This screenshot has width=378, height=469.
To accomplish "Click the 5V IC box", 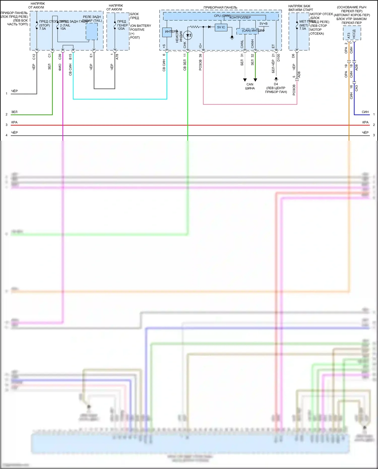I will click(x=221, y=27).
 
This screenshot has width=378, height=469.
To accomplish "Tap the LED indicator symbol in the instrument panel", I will click(x=188, y=35).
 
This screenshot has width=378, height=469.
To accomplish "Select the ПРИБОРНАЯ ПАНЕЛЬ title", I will click(x=220, y=8).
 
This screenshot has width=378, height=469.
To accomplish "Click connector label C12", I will click(x=34, y=57).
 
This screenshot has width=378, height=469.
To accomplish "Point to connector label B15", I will click(x=70, y=57).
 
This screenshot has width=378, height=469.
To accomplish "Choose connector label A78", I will click(x=117, y=57).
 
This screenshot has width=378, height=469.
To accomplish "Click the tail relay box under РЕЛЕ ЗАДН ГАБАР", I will click(x=92, y=32).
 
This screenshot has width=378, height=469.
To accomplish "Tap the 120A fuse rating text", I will click(x=121, y=29).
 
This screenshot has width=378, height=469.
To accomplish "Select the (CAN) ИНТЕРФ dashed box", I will click(x=247, y=31).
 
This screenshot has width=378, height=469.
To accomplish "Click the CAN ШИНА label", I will click(x=250, y=86).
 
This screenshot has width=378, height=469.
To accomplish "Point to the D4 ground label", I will click(x=276, y=84).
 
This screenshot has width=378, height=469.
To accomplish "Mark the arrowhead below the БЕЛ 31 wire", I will click(x=245, y=80).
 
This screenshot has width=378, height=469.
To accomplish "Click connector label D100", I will click(x=278, y=57).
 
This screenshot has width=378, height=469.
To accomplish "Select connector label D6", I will click(x=293, y=56).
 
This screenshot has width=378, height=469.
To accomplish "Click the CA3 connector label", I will click(x=356, y=88).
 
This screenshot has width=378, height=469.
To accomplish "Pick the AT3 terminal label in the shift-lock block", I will click(x=349, y=36).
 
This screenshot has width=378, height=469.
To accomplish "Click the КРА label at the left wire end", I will click(x=14, y=122).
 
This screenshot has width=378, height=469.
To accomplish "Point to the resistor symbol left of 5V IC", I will click(x=195, y=27).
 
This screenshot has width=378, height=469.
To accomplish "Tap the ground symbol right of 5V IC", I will click(x=232, y=38).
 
